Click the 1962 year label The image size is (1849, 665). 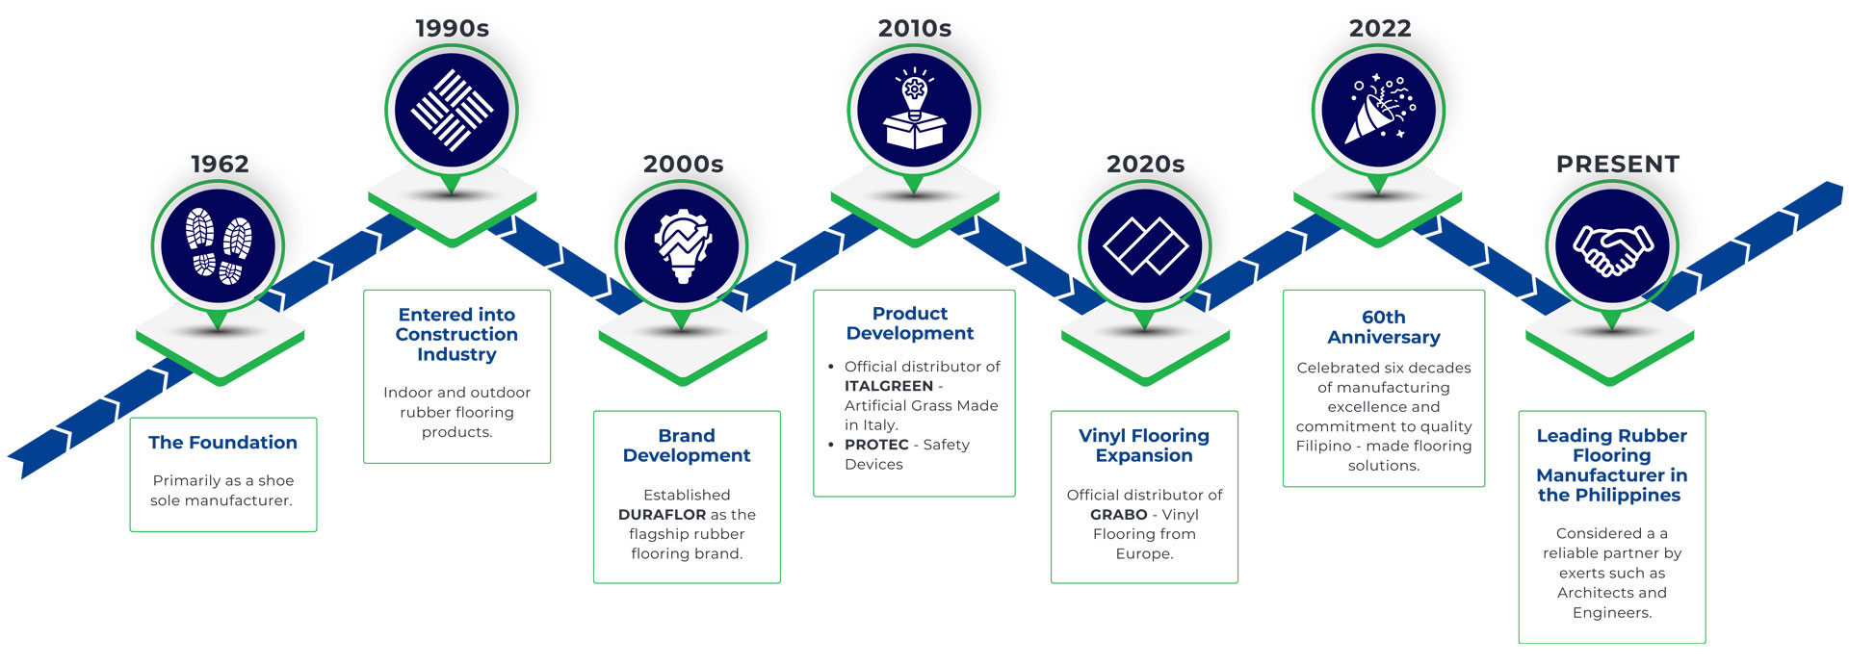[220, 165]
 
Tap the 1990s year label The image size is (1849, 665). [452, 29]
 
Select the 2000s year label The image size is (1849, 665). [683, 165]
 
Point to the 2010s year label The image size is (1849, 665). [914, 29]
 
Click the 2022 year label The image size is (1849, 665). [1379, 29]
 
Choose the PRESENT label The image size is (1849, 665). [1617, 165]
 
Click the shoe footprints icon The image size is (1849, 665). [219, 246]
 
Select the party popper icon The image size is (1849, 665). [1378, 110]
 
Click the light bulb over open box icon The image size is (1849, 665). [914, 111]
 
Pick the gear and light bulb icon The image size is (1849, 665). [682, 246]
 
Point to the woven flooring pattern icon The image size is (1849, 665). [452, 110]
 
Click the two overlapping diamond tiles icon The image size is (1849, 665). [1145, 246]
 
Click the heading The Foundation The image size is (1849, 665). [222, 443]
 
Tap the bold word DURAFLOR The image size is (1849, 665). [662, 515]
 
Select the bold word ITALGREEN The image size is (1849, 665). [888, 386]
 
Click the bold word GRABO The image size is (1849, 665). [1118, 515]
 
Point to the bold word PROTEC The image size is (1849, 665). [876, 445]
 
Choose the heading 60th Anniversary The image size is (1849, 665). [1384, 327]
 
